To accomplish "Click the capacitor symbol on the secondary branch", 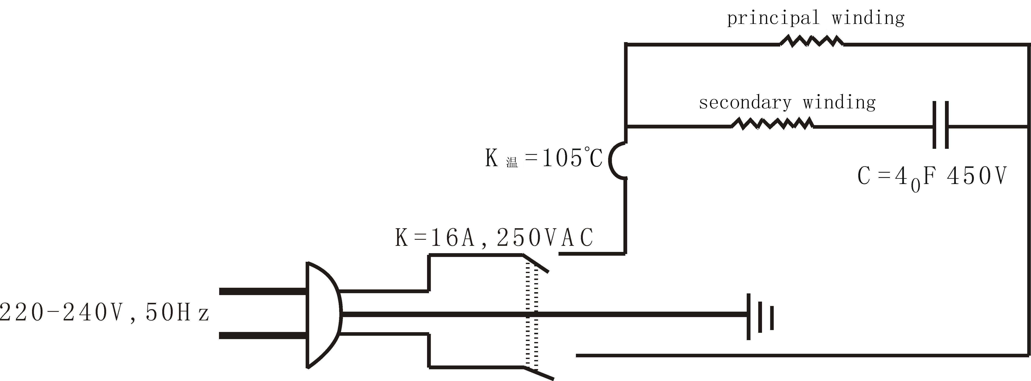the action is [x=941, y=125].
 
